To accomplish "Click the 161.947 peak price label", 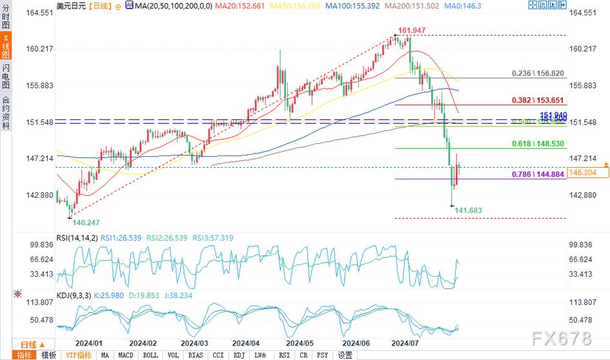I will coord(411,30).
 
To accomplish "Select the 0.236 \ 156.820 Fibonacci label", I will coord(540,73).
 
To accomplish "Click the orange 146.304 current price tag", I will coord(583,173).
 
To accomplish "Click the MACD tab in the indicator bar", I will coord(126,355).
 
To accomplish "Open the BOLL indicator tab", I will coord(150,355).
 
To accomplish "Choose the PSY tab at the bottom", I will coord(323,355).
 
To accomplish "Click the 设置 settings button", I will coord(345,355).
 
